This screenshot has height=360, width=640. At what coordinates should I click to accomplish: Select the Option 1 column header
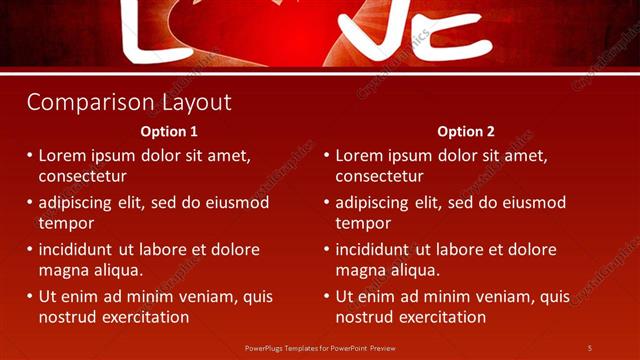tap(169, 131)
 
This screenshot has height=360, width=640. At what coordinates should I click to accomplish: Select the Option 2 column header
tap(466, 131)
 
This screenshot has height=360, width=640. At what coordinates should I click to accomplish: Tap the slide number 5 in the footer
tap(589, 347)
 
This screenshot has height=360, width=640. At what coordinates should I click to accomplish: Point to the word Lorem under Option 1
tap(63, 156)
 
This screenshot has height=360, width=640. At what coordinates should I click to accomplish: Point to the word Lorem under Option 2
tap(360, 156)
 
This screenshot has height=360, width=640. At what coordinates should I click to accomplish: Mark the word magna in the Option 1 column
tap(62, 270)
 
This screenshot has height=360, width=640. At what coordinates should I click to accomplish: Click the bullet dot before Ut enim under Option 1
tap(29, 297)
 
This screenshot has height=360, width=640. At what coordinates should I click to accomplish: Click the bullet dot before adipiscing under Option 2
tap(326, 203)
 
